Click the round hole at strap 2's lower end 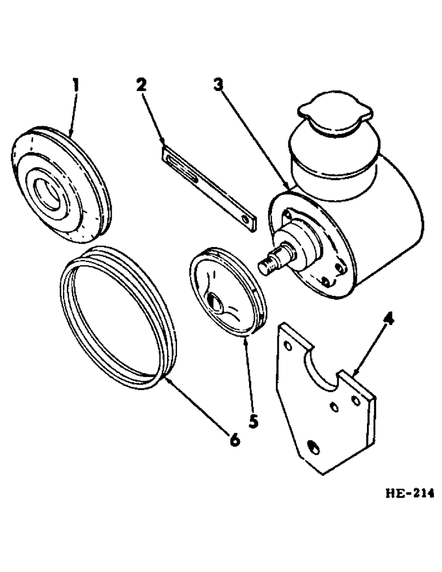247,220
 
